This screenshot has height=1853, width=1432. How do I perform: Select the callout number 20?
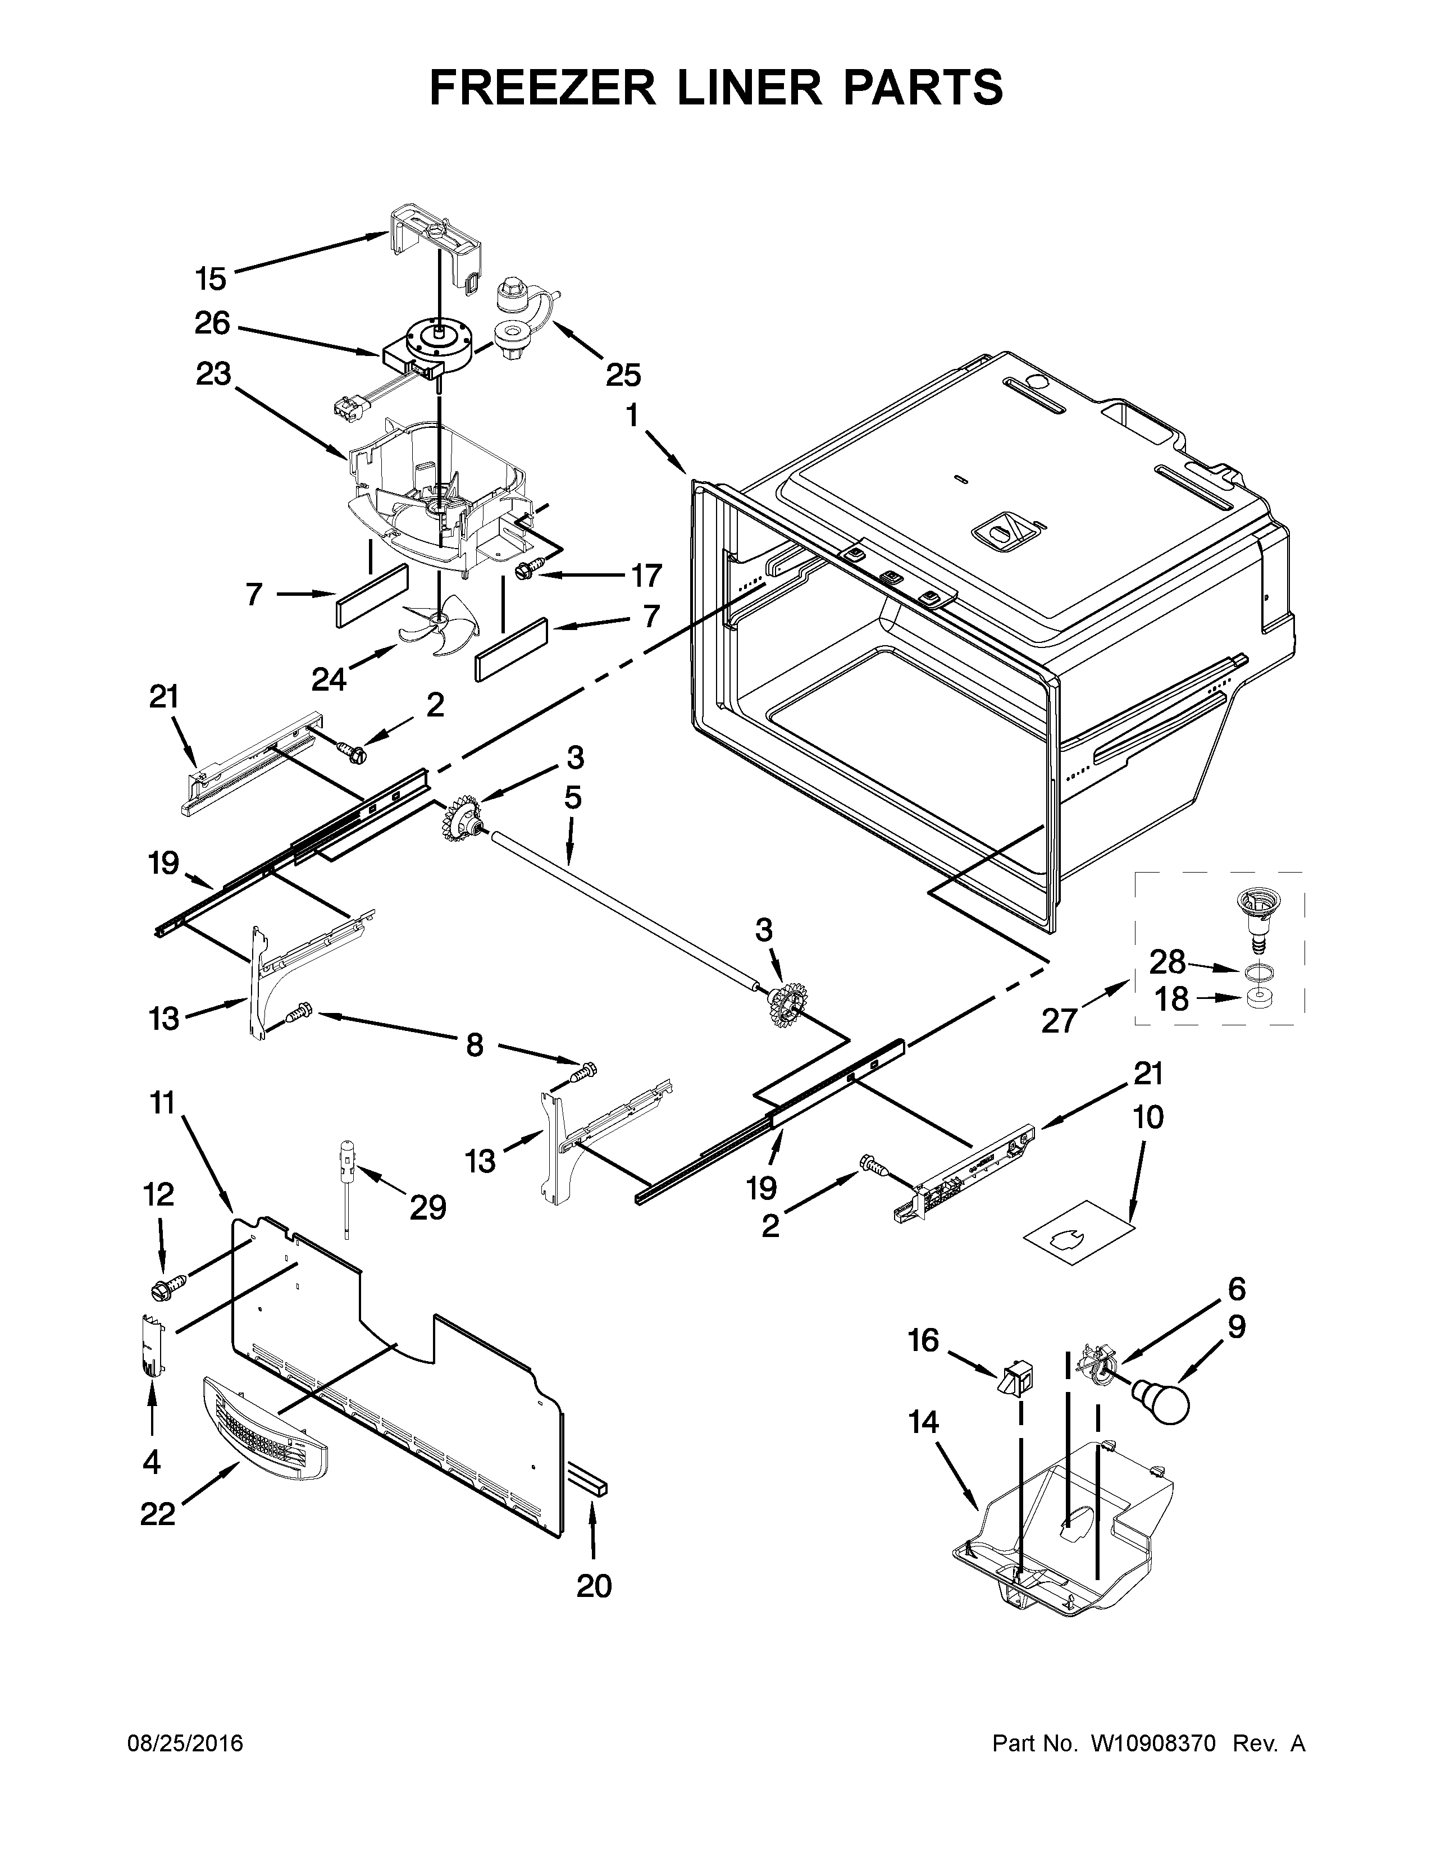coord(594,1585)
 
